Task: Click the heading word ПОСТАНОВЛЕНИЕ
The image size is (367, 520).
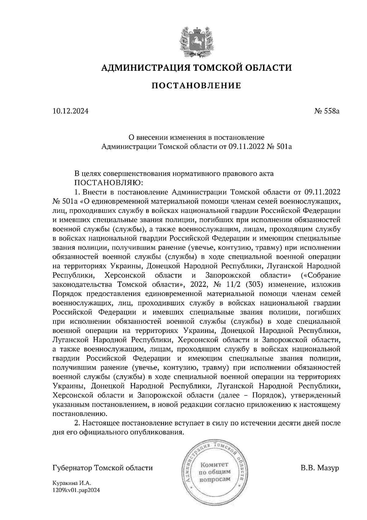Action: (x=196, y=86)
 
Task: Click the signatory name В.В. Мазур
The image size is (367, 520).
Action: (x=320, y=468)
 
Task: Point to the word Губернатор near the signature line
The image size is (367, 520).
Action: (x=72, y=468)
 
